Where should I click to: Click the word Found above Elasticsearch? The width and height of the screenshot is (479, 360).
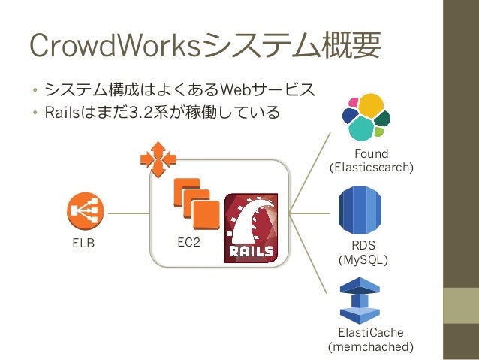371,153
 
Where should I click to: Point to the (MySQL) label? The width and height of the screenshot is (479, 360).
363,259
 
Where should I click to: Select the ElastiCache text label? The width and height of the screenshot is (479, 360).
371,333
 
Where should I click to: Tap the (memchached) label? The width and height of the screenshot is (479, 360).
371,347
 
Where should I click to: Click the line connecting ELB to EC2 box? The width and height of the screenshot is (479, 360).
127,213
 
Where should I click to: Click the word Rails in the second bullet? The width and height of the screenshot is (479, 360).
62,113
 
